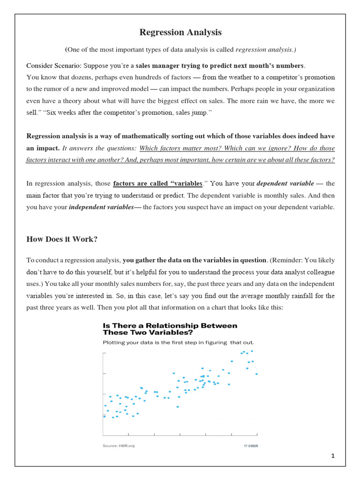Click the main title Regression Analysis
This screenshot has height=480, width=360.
pyautogui.click(x=180, y=32)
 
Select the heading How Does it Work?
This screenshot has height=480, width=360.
pyautogui.click(x=62, y=239)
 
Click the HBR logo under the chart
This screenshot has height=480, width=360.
pyautogui.click(x=251, y=445)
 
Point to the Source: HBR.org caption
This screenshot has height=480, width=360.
pyautogui.click(x=119, y=445)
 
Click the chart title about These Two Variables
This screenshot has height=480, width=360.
pyautogui.click(x=170, y=329)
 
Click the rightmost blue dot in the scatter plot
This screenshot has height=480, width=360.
pyautogui.click(x=256, y=374)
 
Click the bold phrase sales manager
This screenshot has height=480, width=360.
pyautogui.click(x=159, y=65)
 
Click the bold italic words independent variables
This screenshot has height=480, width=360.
pyautogui.click(x=101, y=207)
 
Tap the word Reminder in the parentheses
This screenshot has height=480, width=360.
pyautogui.click(x=291, y=260)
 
